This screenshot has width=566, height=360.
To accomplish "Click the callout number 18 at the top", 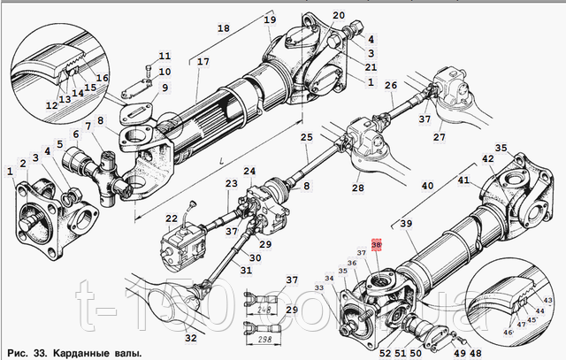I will pyautogui.click(x=223, y=29).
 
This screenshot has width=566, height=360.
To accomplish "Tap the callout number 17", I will pyautogui.click(x=203, y=62).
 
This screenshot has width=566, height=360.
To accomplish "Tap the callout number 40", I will pyautogui.click(x=427, y=186).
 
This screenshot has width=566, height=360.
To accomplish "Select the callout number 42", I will pyautogui.click(x=486, y=159).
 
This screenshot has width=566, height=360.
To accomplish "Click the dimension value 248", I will pyautogui.click(x=264, y=311).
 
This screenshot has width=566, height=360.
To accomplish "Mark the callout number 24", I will pyautogui.click(x=249, y=171).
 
